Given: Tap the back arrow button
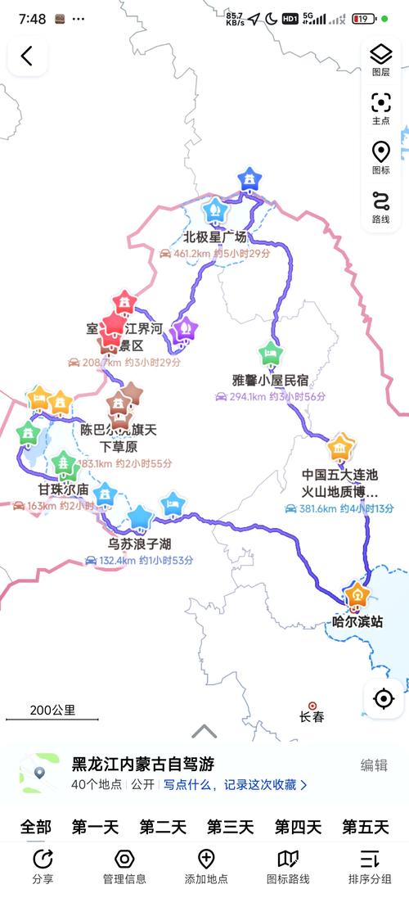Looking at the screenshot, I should pos(27,56).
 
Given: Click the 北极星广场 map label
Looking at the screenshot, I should pos(214,238).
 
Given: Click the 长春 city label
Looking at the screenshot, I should pos(312,716).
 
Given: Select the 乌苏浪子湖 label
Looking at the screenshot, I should pos(140,544).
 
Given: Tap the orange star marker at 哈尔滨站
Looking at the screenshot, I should pos(357,595).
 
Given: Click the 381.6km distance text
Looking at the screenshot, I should pos(311,508).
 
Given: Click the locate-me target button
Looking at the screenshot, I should pos(383,699).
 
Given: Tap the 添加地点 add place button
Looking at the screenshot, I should pos(206,865).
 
